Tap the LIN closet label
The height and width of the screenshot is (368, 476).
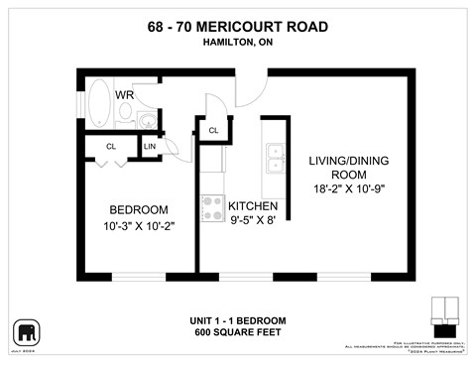(151, 147)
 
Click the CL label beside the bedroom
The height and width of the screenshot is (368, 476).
(111, 147)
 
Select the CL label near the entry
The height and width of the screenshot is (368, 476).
(212, 130)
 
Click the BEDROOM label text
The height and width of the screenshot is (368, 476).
(138, 210)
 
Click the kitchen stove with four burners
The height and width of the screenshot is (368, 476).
(212, 206)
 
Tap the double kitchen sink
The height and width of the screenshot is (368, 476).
(274, 158)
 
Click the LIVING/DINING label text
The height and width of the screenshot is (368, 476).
(346, 159)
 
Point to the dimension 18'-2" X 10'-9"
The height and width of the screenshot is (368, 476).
(346, 188)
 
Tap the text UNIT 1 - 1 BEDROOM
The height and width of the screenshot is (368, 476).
(237, 320)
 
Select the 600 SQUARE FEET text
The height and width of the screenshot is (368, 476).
(237, 332)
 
